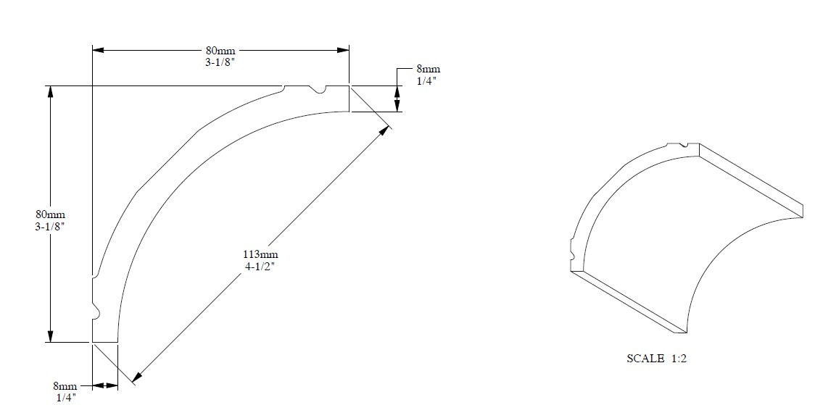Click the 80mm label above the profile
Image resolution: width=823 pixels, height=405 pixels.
point(220,51)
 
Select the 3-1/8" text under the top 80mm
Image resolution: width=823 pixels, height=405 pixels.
point(220,62)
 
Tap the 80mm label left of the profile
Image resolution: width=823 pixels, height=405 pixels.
point(50,214)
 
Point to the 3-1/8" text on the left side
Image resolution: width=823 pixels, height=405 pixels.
point(50,226)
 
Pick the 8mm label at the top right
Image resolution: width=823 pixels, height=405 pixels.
point(429,69)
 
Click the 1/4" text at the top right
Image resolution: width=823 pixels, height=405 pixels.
point(426,81)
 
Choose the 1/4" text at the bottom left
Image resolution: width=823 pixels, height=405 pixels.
point(66,398)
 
